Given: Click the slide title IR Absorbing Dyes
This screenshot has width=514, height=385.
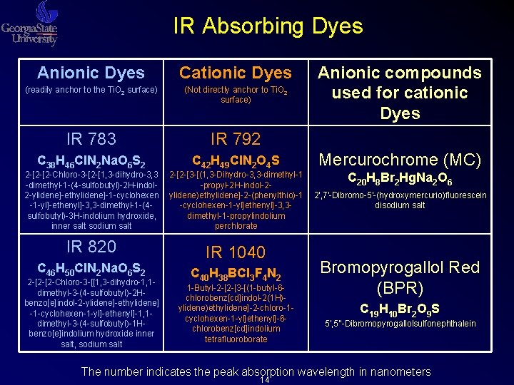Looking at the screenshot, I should click(268, 27).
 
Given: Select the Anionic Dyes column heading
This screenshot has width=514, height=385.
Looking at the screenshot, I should click(91, 73).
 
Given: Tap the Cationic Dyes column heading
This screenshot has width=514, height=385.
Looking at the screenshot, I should click(236, 73).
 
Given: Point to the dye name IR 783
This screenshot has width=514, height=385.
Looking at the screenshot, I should click(91, 138).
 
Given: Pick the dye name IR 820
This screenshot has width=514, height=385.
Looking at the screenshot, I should click(91, 247).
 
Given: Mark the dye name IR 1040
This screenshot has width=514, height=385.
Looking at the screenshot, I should click(236, 252).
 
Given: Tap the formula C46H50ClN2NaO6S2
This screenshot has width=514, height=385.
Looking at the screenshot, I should click(91, 269).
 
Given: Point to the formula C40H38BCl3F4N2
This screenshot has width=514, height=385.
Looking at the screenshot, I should click(236, 273).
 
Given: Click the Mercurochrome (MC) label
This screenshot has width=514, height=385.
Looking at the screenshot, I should click(399, 160).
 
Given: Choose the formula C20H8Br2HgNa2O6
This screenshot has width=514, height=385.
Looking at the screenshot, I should click(399, 180).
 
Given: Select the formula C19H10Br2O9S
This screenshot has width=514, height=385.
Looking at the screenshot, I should click(399, 309).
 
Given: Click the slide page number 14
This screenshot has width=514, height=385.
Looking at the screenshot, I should click(264, 380).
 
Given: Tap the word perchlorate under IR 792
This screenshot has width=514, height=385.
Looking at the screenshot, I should click(236, 226).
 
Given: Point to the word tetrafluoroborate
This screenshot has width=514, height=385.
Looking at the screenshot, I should click(236, 339).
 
